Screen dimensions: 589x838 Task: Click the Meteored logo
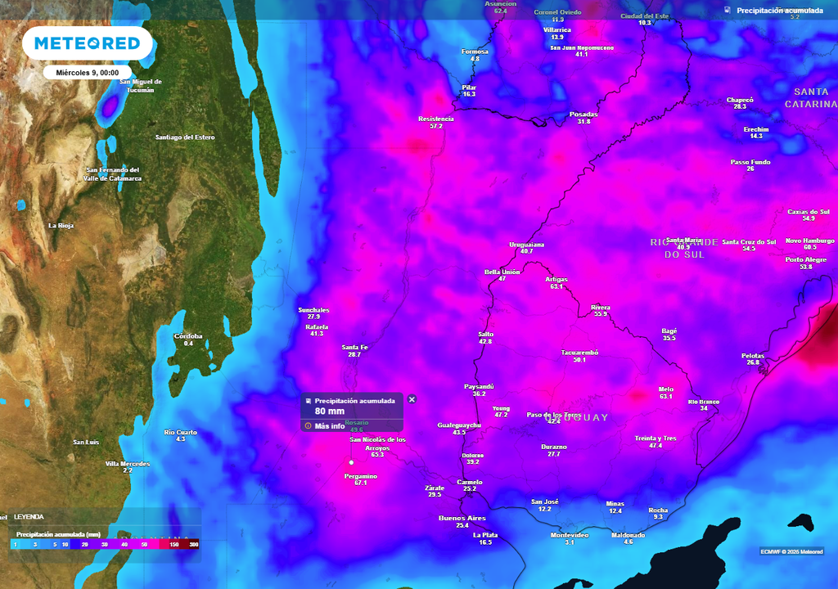point(88,43)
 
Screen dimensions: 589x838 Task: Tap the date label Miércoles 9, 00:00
point(88,73)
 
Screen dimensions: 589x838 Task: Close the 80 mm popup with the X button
point(412,399)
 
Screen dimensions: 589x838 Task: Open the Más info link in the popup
point(329,426)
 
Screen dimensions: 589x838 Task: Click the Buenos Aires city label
point(462,518)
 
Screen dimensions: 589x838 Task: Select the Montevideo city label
point(569,535)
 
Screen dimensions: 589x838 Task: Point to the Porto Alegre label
point(805,259)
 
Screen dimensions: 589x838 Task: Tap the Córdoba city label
point(188,336)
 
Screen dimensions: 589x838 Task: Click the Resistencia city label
point(435,119)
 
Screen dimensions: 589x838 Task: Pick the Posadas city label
point(583,115)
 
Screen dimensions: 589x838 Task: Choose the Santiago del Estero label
point(185,137)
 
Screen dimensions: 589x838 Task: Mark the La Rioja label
point(61,225)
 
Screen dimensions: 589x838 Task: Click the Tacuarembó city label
point(579,353)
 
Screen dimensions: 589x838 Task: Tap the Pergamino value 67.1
point(361,483)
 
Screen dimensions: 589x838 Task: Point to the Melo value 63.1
point(665,397)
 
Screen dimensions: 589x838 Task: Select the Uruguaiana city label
point(526,245)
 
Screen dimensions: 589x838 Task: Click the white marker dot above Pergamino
point(351,462)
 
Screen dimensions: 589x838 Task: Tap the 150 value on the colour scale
point(173,544)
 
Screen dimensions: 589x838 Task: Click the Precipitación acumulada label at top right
point(779,11)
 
